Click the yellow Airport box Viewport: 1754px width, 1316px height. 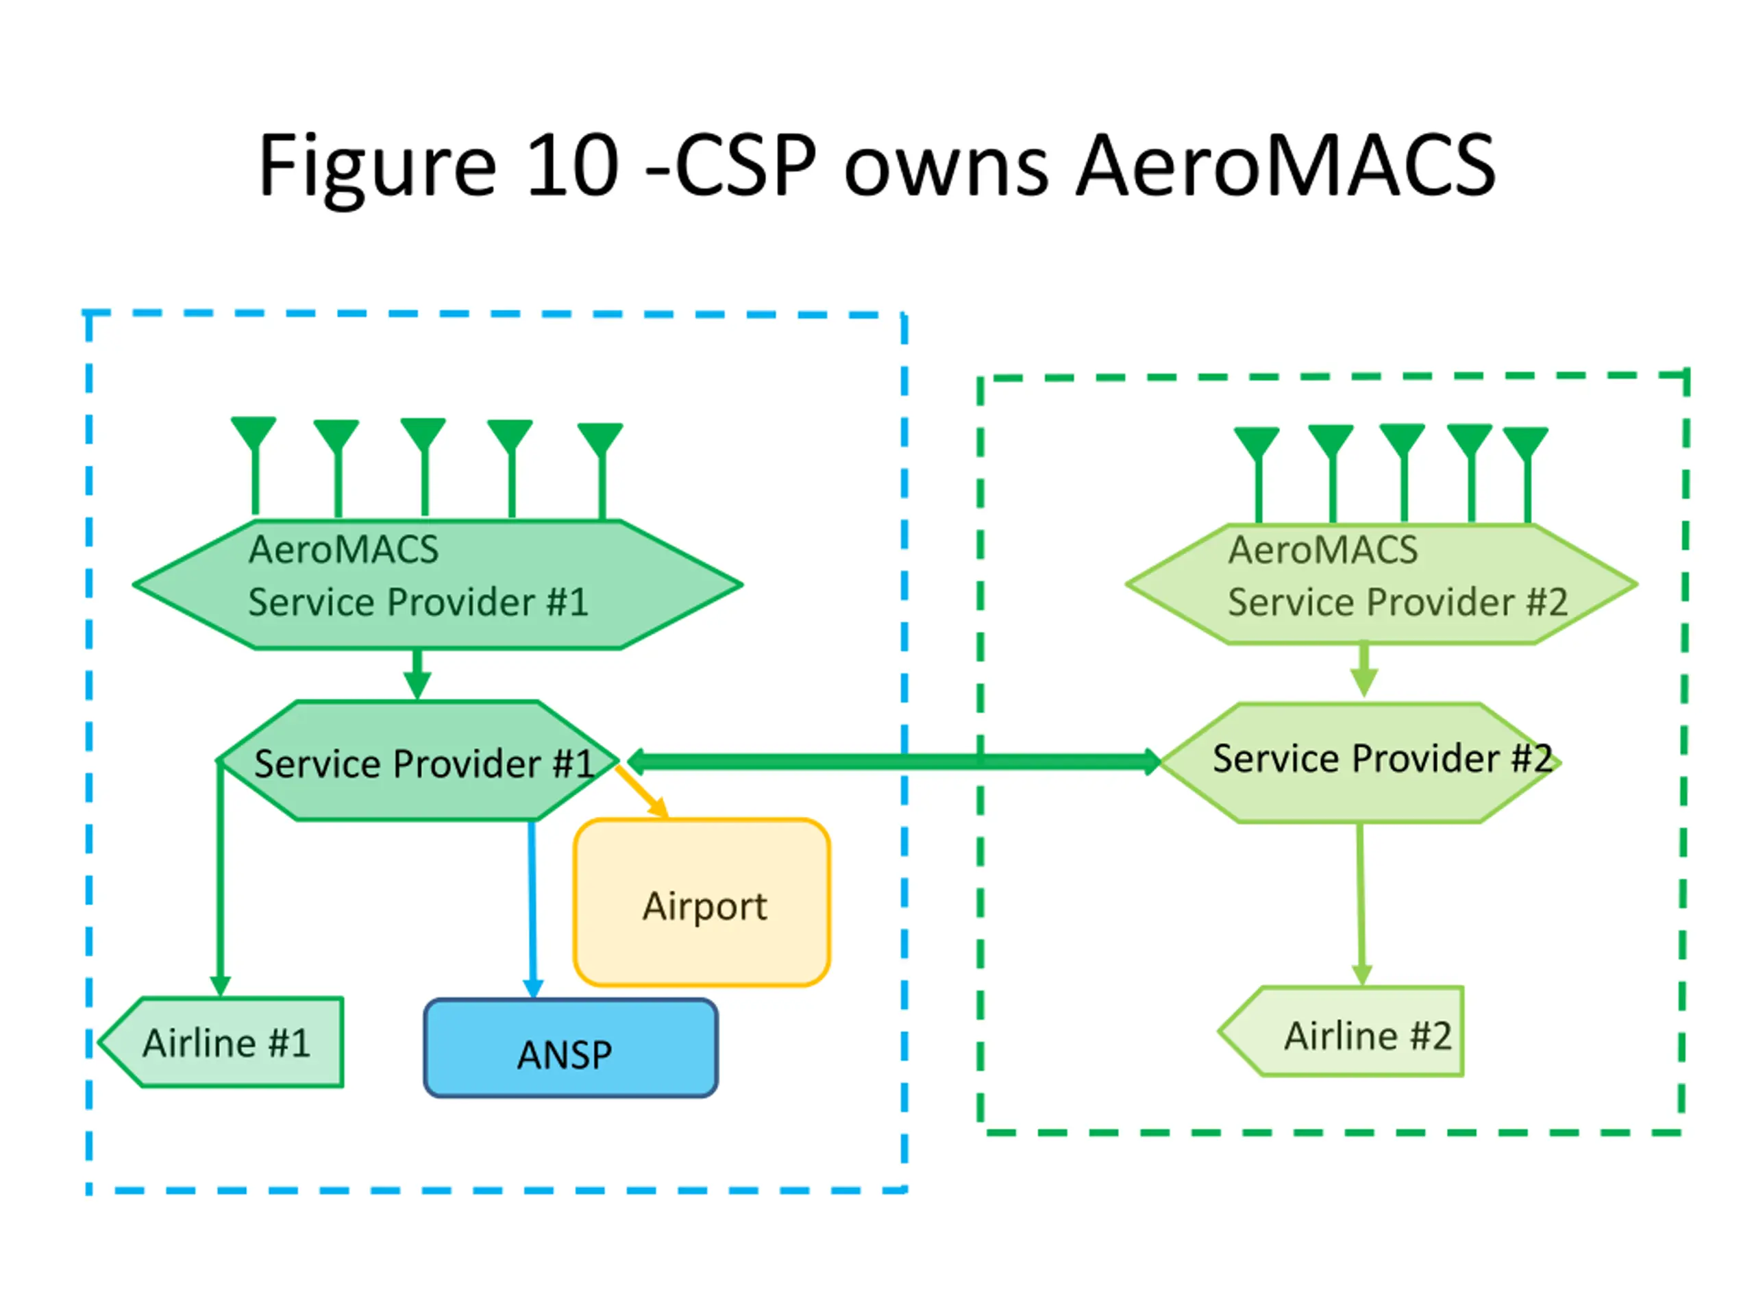tap(702, 902)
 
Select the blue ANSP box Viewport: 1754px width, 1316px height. tap(571, 1048)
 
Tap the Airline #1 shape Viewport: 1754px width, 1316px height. tap(221, 1042)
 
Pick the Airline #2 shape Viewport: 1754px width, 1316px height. tap(1341, 1032)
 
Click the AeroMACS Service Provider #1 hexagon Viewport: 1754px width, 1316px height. tap(437, 585)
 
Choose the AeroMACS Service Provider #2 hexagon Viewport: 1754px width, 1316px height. tap(1381, 584)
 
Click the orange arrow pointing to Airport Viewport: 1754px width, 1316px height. tap(642, 792)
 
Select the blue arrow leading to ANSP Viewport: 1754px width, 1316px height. tap(533, 909)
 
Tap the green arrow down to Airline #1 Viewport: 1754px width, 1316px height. tap(221, 877)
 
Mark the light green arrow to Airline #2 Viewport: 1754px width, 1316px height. tap(1361, 904)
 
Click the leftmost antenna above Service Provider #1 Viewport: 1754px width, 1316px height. tap(254, 465)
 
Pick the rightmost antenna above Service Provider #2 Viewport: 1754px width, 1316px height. tap(1527, 474)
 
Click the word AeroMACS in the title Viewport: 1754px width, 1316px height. tap(1285, 165)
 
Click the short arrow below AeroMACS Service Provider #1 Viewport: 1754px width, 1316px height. tap(417, 674)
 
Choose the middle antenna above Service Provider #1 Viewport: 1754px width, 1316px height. tap(423, 467)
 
